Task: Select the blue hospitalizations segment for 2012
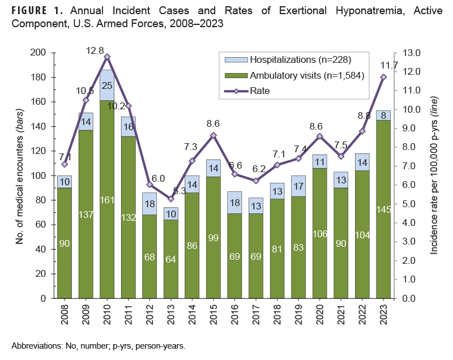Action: (149, 204)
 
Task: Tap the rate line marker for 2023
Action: (383, 77)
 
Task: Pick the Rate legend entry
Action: (260, 90)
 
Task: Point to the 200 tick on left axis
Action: (40, 53)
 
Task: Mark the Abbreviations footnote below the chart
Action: (98, 345)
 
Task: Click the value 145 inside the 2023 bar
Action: (383, 210)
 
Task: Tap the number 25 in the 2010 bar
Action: (107, 85)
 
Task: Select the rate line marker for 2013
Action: (171, 199)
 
